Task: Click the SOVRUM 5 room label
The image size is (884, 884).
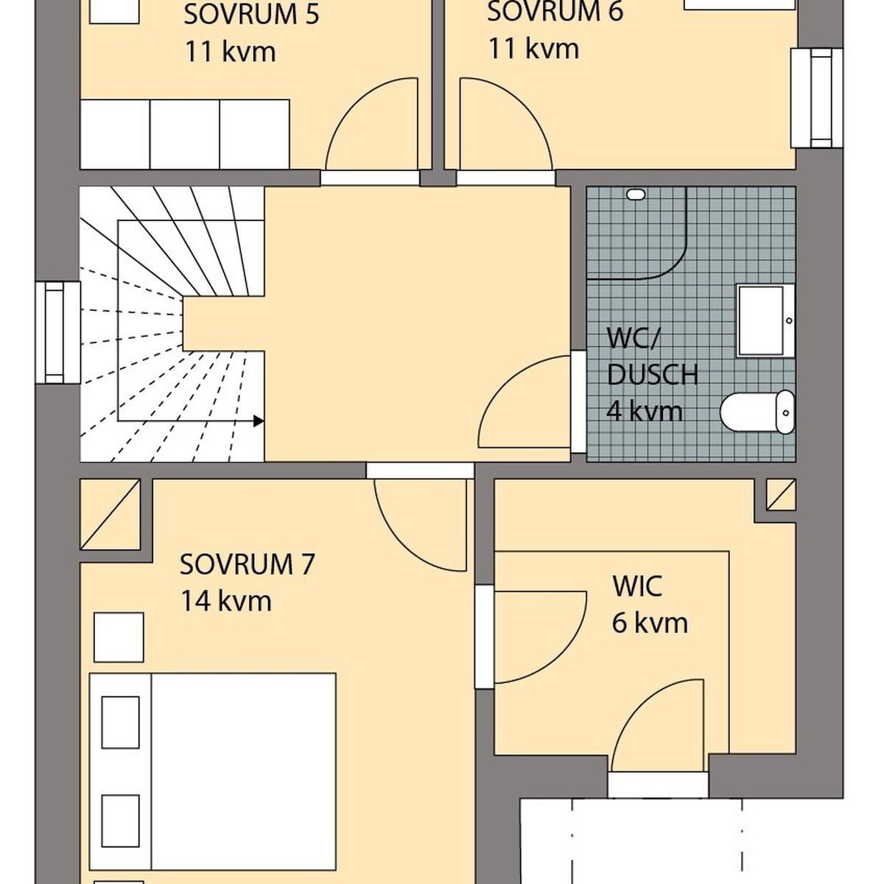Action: point(251,15)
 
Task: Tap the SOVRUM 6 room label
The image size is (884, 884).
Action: point(555,12)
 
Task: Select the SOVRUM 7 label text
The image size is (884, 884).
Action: point(247,564)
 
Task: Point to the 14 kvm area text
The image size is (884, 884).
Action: point(227,601)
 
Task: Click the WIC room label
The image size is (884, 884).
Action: point(637,586)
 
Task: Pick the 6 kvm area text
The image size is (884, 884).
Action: point(650,623)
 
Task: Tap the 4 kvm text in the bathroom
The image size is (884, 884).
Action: point(645,411)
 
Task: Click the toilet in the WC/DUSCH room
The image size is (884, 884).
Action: point(757,412)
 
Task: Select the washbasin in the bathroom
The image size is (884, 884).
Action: point(765,320)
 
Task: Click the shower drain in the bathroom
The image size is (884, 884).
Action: point(636,194)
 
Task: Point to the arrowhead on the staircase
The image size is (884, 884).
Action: point(259,421)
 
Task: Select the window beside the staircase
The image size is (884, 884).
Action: point(58,332)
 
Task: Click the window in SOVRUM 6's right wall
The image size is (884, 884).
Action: point(817,98)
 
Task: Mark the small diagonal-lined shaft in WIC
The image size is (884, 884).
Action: point(782,494)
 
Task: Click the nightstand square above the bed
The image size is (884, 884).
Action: point(119,637)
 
